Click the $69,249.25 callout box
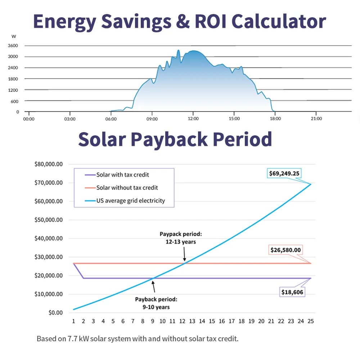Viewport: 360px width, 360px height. click(x=284, y=174)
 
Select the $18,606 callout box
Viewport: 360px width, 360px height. click(x=292, y=292)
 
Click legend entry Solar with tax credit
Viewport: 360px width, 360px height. click(x=122, y=175)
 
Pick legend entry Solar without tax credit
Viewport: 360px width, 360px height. click(x=127, y=188)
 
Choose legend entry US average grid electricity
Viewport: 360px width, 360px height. click(x=130, y=201)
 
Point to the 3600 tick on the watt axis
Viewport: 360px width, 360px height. click(x=13, y=46)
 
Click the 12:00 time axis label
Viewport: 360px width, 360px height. click(x=193, y=119)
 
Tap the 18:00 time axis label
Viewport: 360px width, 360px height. click(x=275, y=119)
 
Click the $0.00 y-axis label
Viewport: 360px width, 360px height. click(x=54, y=312)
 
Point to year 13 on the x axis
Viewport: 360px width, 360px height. click(x=192, y=321)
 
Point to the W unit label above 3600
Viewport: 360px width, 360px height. click(x=13, y=36)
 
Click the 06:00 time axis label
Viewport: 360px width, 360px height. click(x=111, y=119)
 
